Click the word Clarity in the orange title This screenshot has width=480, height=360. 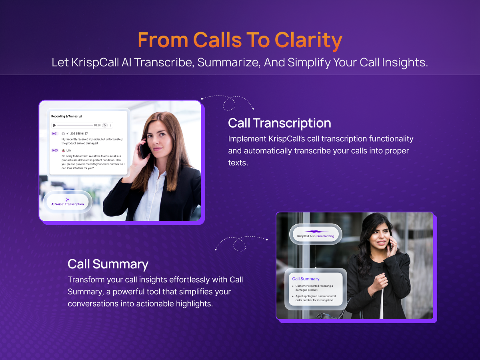click(x=308, y=40)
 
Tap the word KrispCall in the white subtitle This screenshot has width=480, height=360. click(x=95, y=63)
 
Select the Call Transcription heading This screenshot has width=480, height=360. click(x=280, y=123)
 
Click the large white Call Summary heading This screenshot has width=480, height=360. click(x=108, y=264)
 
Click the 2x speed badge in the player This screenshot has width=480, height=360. click(x=105, y=125)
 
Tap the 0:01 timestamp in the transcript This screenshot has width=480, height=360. click(x=55, y=134)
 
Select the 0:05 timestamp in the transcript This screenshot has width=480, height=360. click(x=55, y=150)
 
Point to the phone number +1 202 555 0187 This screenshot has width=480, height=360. click(x=77, y=134)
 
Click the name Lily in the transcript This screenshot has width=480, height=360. click(x=69, y=150)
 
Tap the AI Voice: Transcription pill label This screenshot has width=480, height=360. click(x=68, y=204)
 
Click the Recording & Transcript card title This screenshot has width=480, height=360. click(x=67, y=116)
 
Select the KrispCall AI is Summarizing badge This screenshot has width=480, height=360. click(x=316, y=234)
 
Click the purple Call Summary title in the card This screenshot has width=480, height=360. click(x=306, y=279)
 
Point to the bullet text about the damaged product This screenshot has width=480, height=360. click(x=314, y=288)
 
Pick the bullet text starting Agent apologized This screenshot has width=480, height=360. click(x=315, y=298)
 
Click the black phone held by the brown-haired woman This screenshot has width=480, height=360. click(x=144, y=151)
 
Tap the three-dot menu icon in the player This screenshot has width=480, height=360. click(x=110, y=125)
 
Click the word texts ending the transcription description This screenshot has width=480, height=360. click(x=238, y=163)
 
